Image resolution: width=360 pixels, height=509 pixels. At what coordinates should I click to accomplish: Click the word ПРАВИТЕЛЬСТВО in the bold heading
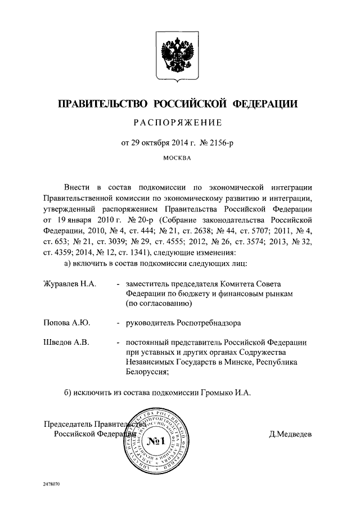point(102,103)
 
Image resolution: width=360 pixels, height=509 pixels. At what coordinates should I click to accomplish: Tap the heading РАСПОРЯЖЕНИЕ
point(179,123)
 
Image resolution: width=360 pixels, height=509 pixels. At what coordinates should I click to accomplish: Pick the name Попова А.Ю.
point(67,323)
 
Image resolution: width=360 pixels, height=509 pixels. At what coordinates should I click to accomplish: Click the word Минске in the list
point(236,362)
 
